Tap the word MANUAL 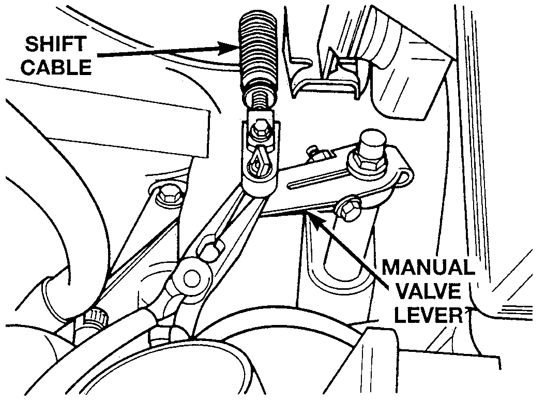pyautogui.click(x=428, y=269)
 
